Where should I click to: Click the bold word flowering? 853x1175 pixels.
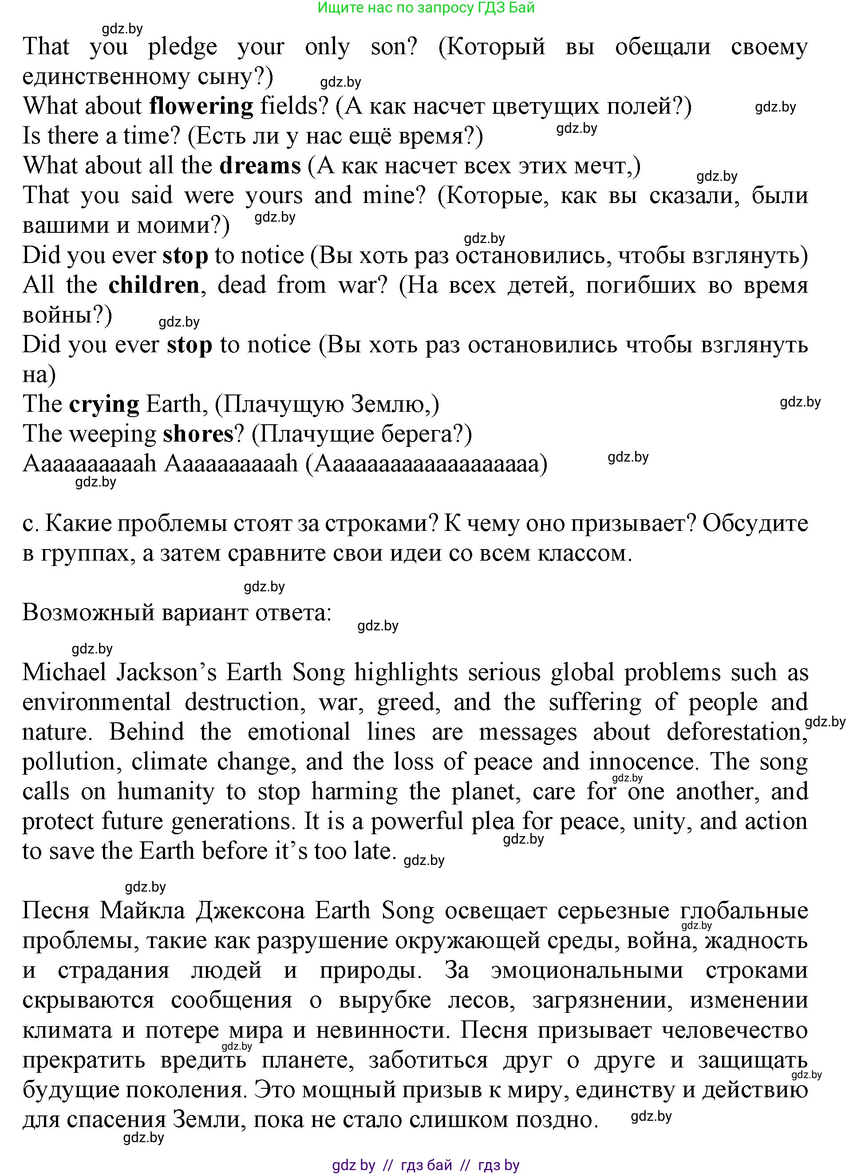pyautogui.click(x=201, y=107)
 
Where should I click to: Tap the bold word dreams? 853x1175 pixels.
pyautogui.click(x=260, y=166)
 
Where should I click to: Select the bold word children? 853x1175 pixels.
pyautogui.click(x=154, y=286)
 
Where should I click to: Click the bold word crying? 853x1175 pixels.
pyautogui.click(x=104, y=405)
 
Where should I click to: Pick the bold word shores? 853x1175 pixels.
pyautogui.click(x=198, y=434)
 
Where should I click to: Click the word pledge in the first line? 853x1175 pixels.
pyautogui.click(x=182, y=47)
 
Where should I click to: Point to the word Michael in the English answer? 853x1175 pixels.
pyautogui.click(x=63, y=673)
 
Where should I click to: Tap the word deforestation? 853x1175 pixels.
pyautogui.click(x=736, y=732)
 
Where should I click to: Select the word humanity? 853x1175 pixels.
pyautogui.click(x=166, y=792)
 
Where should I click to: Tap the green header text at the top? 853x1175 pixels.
pyautogui.click(x=426, y=8)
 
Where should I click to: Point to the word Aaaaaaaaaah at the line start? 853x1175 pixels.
pyautogui.click(x=89, y=464)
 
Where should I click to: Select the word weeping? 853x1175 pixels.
pyautogui.click(x=113, y=434)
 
